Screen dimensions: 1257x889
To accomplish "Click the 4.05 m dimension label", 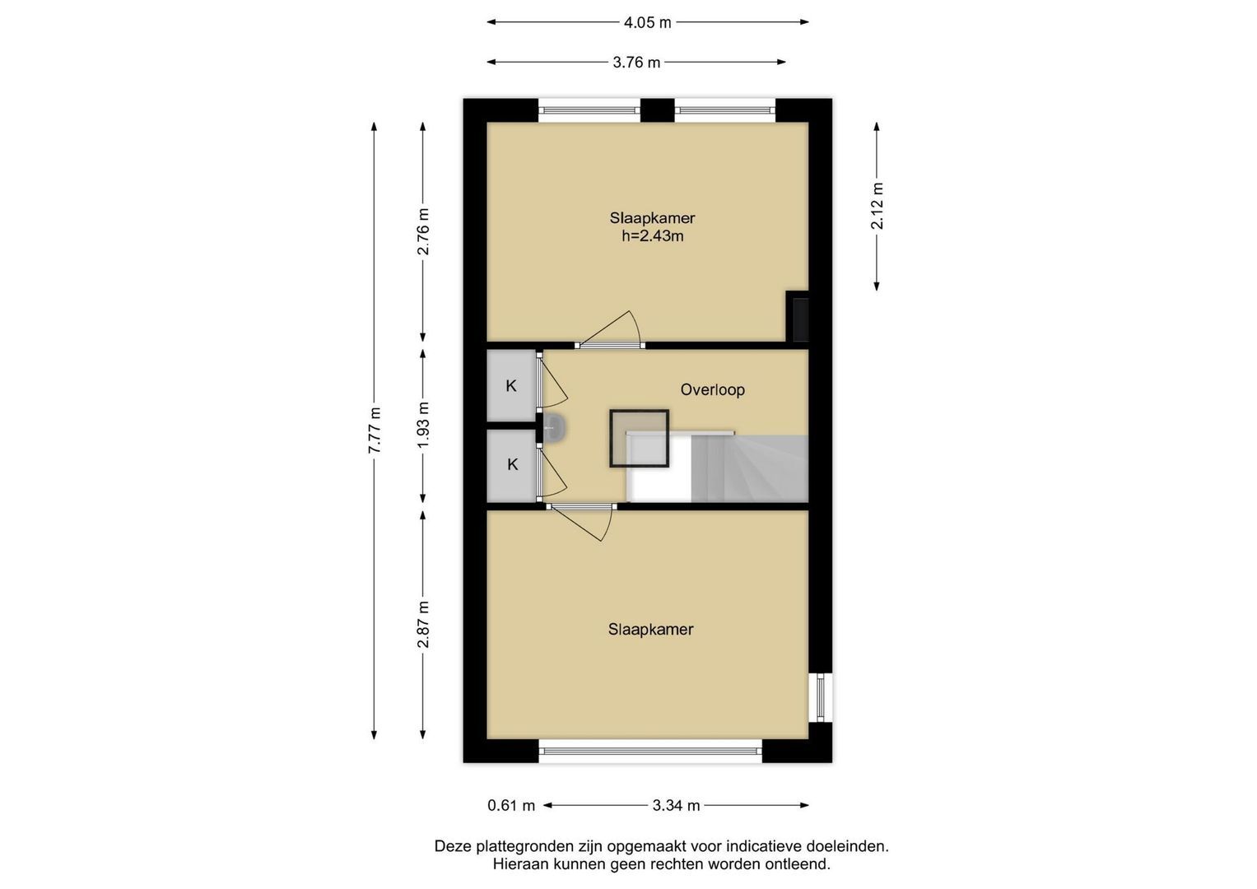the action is [648, 22].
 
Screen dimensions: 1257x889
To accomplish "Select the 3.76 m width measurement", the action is [636, 63].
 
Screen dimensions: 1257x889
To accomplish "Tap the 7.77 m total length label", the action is [375, 431].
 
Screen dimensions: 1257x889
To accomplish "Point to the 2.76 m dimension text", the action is [422, 231].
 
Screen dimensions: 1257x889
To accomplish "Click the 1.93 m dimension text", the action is [422, 424].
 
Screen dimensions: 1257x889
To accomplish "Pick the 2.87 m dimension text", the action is [422, 624].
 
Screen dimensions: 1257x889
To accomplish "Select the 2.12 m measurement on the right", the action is [877, 206].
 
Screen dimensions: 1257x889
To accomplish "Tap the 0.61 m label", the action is [511, 806].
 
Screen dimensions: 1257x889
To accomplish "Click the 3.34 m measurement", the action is [676, 806].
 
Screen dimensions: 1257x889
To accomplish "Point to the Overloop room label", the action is [713, 389].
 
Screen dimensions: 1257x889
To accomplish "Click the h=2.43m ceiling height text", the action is [653, 236].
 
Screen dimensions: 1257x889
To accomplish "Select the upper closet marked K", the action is [510, 385].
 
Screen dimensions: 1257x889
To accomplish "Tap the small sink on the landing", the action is [553, 429].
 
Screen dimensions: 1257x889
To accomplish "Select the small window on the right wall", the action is [821, 698].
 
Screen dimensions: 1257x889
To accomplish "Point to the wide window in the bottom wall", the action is [650, 751].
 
